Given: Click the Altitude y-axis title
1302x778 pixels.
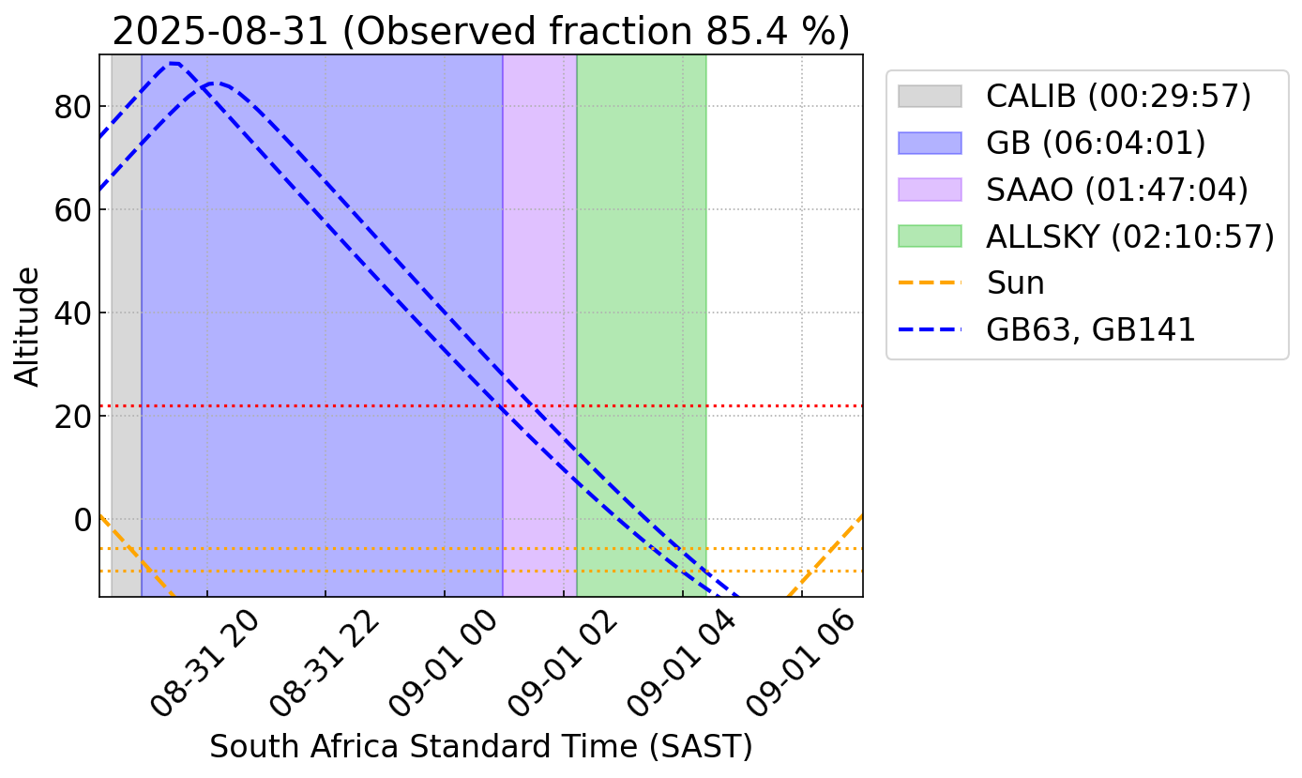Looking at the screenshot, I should (x=28, y=326).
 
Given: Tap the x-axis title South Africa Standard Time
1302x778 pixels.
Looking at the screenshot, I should (x=480, y=747).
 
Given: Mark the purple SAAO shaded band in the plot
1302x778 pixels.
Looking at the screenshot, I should (x=539, y=282).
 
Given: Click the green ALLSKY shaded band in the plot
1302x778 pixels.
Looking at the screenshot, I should (x=641, y=282).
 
